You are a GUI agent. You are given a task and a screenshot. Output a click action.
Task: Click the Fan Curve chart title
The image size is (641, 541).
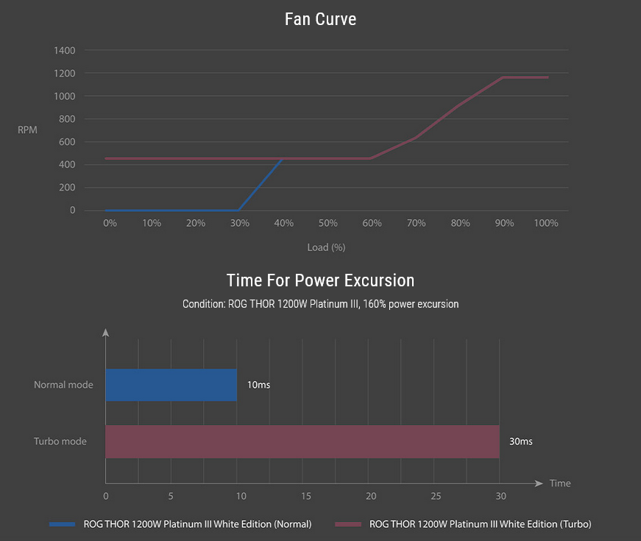tap(320, 19)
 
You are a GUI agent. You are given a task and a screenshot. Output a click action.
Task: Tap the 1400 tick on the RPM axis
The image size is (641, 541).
tap(64, 51)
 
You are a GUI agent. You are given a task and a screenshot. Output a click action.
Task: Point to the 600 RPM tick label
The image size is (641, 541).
tap(67, 142)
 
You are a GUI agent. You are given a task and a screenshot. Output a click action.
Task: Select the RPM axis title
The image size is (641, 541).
tap(27, 130)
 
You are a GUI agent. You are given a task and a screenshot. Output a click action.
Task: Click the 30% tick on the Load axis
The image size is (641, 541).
tap(238, 223)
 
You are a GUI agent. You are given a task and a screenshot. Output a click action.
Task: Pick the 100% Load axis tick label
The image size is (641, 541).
tap(546, 223)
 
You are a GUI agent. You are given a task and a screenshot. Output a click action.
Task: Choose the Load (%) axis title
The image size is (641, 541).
tap(326, 247)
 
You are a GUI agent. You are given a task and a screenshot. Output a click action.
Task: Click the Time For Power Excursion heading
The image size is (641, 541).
tap(320, 280)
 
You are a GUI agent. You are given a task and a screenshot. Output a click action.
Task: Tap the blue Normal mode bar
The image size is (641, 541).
tap(171, 385)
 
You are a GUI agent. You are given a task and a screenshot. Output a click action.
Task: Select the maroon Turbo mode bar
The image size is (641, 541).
tap(302, 442)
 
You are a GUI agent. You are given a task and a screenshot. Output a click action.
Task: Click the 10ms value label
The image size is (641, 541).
tap(258, 385)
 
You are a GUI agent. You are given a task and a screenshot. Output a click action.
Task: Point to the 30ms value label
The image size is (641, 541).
tap(520, 442)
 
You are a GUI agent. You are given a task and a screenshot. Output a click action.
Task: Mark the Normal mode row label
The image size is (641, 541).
tap(63, 385)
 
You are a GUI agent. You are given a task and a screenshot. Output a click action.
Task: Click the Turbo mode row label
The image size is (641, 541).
tap(60, 442)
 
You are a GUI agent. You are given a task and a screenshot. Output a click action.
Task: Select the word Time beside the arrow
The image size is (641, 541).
tap(560, 484)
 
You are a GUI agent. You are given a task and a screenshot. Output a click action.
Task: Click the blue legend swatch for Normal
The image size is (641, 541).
tap(62, 524)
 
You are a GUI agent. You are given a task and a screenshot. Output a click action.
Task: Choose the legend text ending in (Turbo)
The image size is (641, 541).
tap(480, 524)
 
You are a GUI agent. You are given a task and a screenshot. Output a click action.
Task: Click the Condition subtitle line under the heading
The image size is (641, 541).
tap(320, 304)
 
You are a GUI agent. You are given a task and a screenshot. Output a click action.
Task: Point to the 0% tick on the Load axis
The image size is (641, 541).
tap(110, 223)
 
